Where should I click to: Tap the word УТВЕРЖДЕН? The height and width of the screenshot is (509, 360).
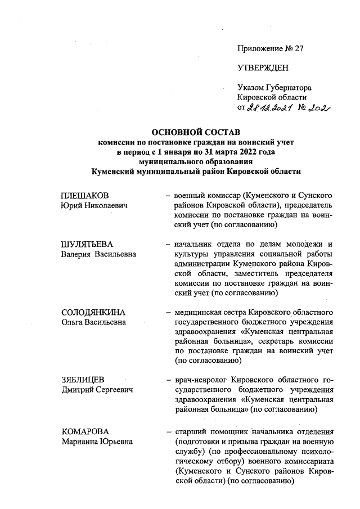pos(263,68)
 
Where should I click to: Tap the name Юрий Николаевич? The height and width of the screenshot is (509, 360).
pos(93,206)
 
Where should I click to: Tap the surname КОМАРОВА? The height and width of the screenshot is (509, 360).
pos(84,431)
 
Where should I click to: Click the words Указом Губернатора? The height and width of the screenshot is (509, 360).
pos(274,88)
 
